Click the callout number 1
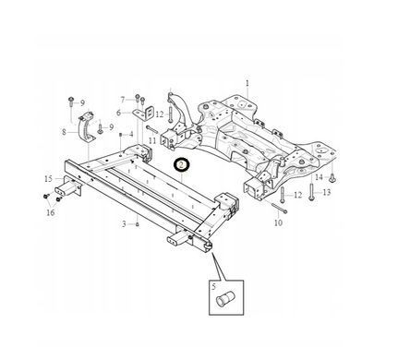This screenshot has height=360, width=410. (247, 83)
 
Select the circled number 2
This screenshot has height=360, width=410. (182, 165)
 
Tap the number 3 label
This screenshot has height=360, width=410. (124, 224)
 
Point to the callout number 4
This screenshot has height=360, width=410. (131, 135)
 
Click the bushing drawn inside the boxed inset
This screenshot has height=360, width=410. (225, 299)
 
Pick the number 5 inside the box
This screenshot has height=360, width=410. (213, 287)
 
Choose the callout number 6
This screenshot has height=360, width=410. (119, 113)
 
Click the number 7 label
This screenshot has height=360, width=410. (123, 100)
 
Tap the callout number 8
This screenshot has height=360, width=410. (64, 132)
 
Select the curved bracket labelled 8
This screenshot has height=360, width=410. (87, 127)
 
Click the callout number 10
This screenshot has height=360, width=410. (278, 222)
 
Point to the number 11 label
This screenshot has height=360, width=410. (152, 140)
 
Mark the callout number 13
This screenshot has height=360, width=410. (326, 192)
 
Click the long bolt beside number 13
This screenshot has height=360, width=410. (312, 192)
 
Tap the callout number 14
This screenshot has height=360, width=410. (320, 177)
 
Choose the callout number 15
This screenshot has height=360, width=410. (49, 179)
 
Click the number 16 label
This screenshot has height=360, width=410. (51, 212)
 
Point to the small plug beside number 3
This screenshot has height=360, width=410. (138, 224)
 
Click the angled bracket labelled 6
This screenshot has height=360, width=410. (144, 114)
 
